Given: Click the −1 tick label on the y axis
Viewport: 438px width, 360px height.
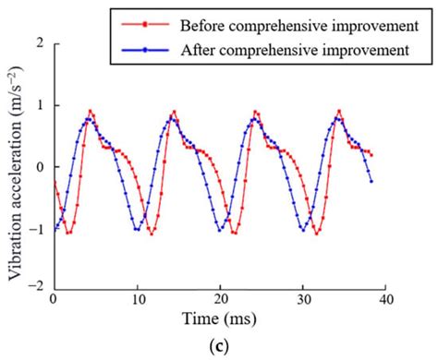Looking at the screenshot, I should [x=36, y=228].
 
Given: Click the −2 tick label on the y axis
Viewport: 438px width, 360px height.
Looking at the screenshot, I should [x=36, y=288].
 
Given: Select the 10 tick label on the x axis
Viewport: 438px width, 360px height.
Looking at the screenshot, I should [x=137, y=300].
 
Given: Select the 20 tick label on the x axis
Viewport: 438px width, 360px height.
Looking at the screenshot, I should [x=220, y=300].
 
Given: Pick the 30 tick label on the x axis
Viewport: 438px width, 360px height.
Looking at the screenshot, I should [x=303, y=300].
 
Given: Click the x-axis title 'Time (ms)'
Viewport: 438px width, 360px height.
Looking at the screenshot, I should [x=220, y=320].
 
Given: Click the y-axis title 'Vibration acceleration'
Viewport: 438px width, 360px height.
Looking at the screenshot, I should [x=16, y=166].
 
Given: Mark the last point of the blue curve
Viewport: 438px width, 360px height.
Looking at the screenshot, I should [x=371, y=181].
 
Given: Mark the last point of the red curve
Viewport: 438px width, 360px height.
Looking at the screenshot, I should [x=371, y=154].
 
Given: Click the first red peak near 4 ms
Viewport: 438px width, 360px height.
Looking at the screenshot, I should [x=91, y=111].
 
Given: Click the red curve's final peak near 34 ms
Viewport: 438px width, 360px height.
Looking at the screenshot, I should [x=339, y=111].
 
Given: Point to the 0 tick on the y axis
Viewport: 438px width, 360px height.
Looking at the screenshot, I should [x=40, y=167].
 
